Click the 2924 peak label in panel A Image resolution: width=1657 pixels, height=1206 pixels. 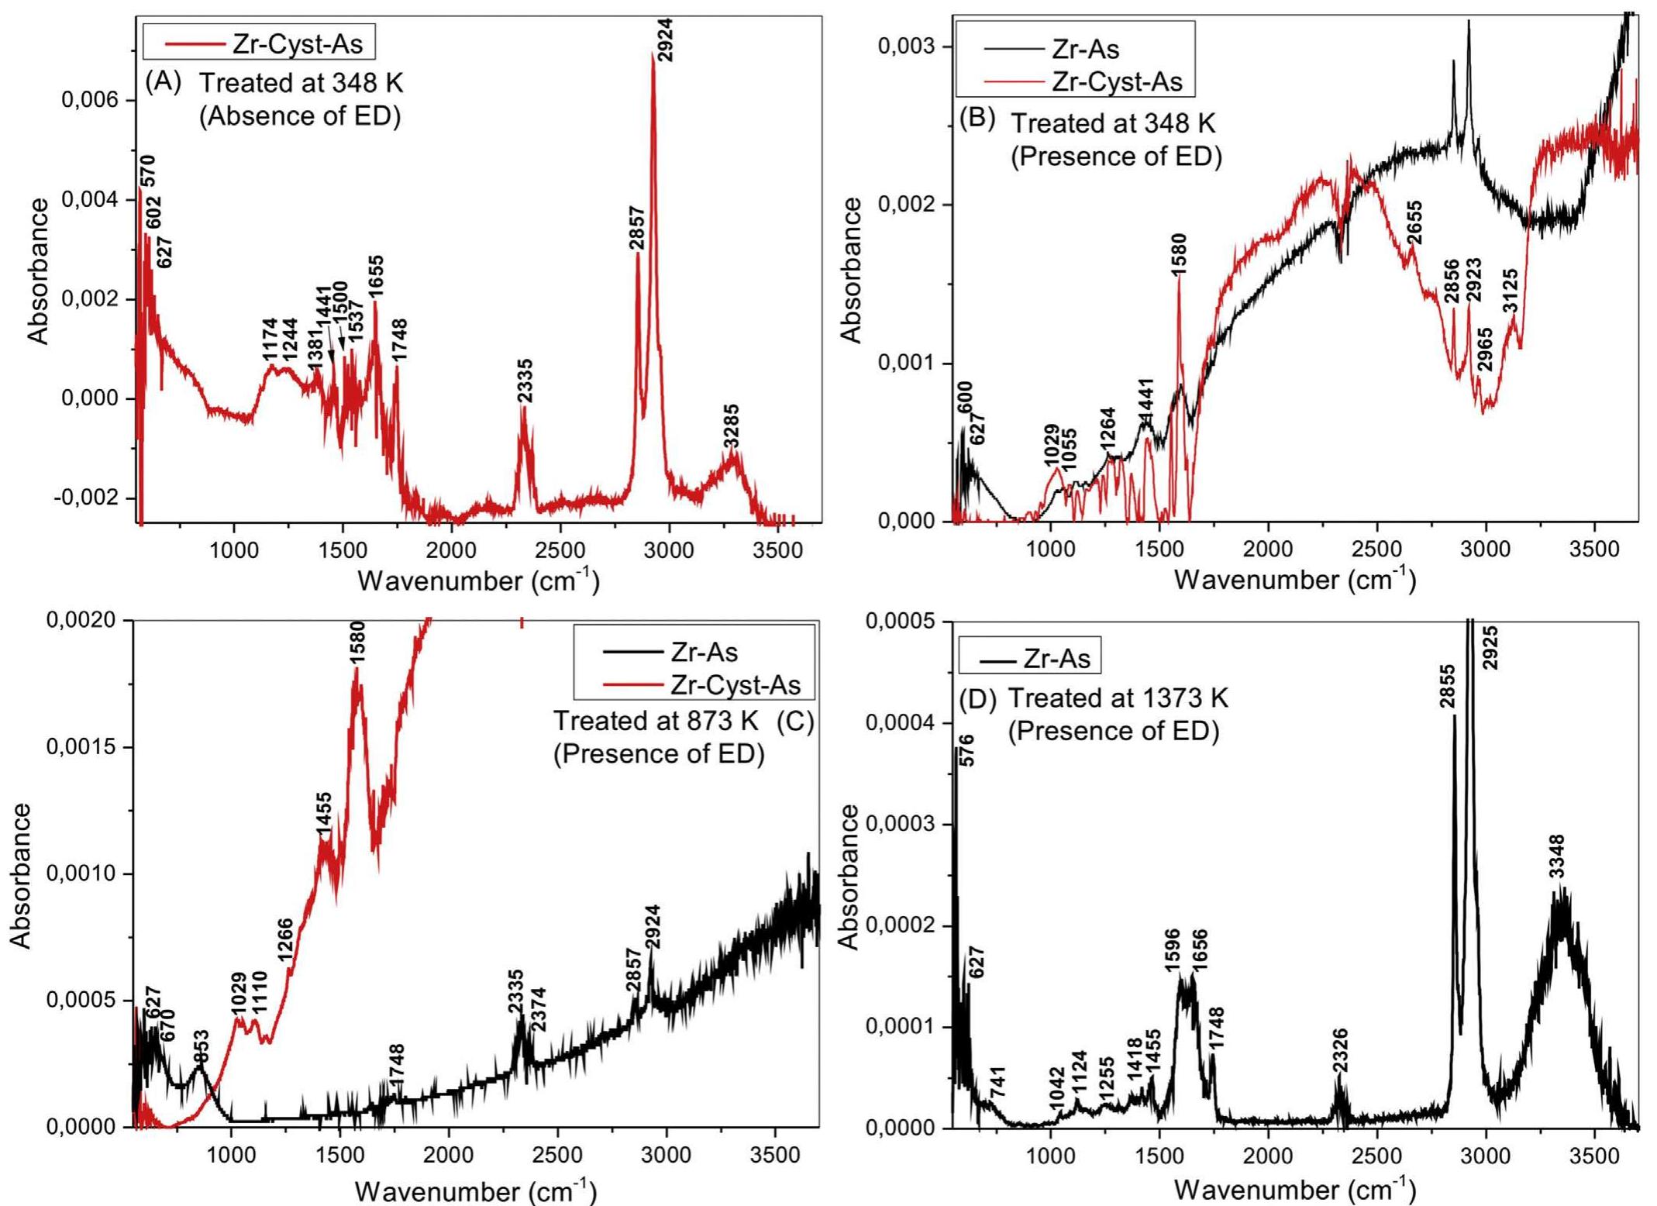[665, 40]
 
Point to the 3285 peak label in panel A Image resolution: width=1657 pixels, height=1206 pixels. [731, 426]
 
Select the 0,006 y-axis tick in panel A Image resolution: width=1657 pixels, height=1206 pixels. [91, 101]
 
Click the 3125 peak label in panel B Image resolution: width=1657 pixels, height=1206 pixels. [1510, 291]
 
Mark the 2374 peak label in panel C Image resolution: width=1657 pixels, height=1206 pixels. [537, 1009]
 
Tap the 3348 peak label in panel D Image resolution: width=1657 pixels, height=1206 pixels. [1556, 856]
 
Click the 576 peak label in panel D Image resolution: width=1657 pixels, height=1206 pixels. [967, 750]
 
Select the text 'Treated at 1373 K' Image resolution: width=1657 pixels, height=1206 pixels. [1118, 698]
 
